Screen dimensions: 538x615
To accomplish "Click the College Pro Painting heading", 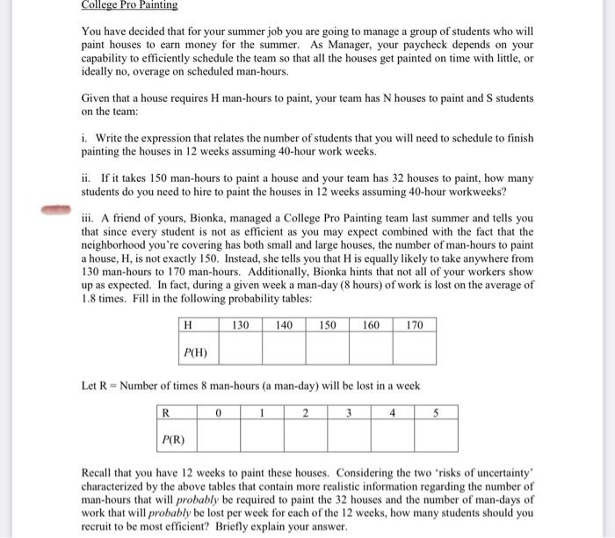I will [x=128, y=5].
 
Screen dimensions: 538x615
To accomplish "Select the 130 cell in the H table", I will [x=240, y=325].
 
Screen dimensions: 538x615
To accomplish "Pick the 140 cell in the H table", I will [x=284, y=325].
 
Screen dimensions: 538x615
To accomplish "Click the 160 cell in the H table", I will [x=371, y=325].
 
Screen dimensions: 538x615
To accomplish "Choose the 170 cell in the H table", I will [x=415, y=325].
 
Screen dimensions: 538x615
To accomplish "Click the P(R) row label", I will [x=171, y=437].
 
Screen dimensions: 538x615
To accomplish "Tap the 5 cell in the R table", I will [x=436, y=411].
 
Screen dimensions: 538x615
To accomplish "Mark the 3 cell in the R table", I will [x=349, y=411].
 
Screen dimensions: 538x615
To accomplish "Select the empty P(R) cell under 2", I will [x=305, y=437].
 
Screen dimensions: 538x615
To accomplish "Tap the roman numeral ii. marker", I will [x=84, y=178].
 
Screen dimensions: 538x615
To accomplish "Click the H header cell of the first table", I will [x=188, y=325].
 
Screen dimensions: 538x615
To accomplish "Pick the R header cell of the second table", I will [x=165, y=411].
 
